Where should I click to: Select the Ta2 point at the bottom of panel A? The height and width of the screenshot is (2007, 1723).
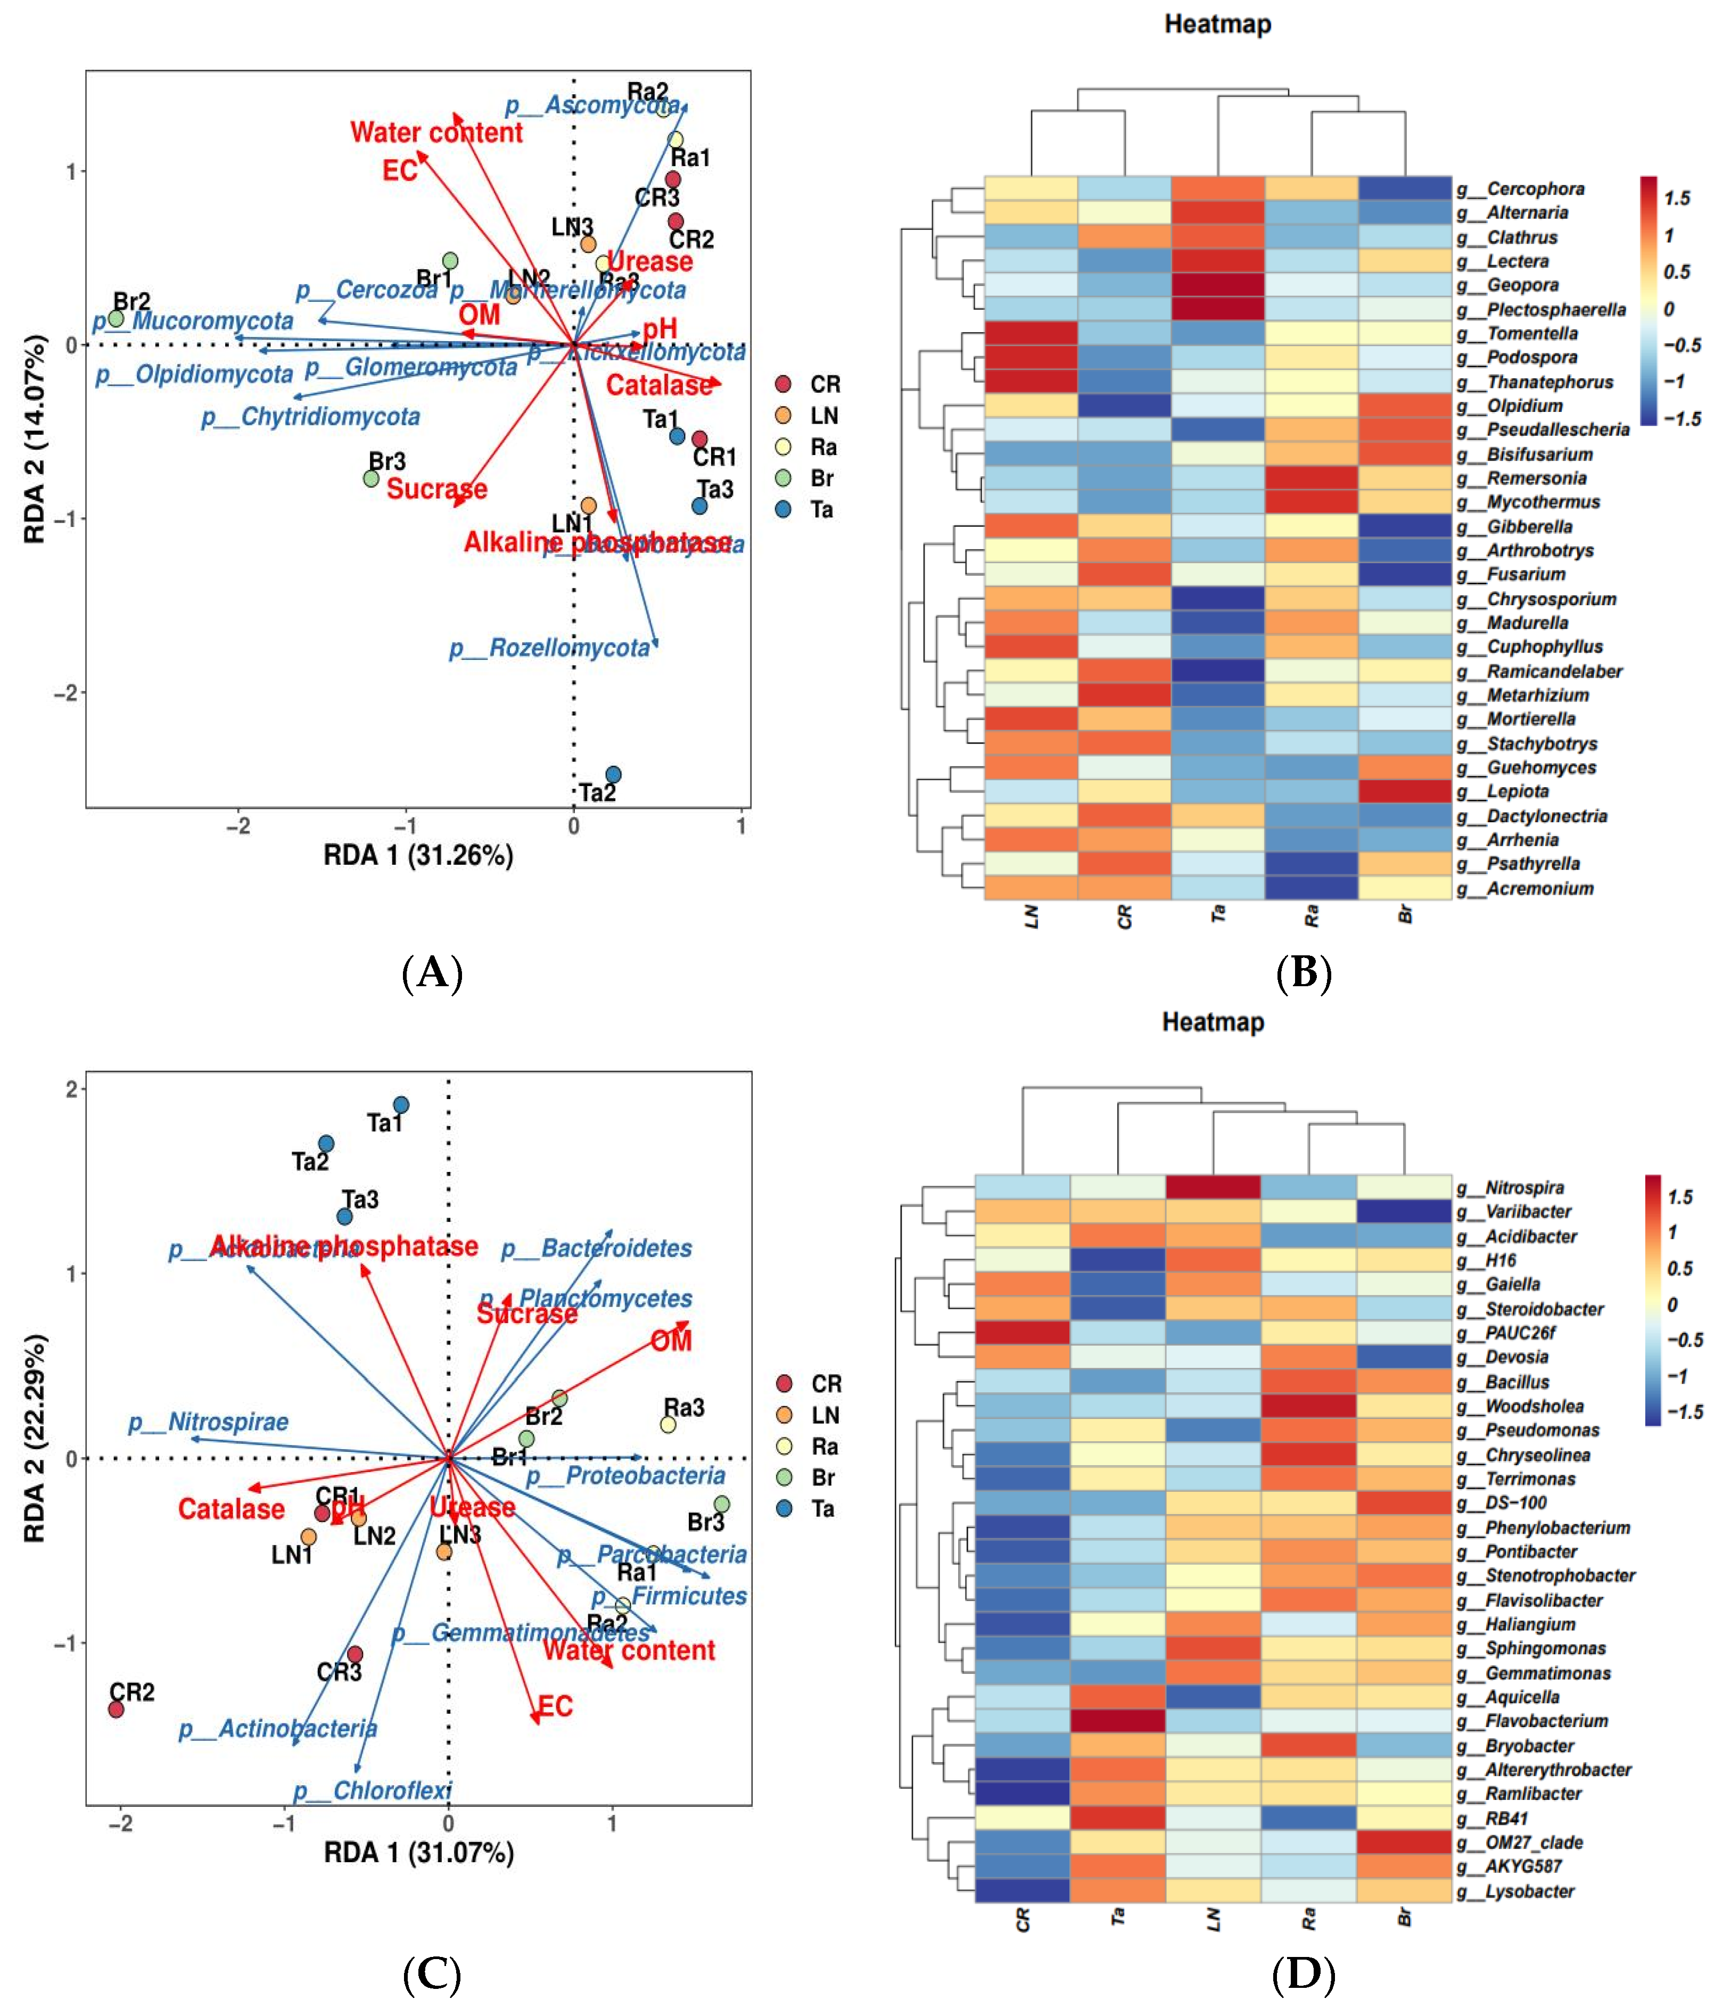click(613, 775)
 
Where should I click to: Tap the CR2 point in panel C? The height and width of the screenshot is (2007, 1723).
click(116, 1709)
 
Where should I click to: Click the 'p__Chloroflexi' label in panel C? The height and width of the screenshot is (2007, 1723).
click(372, 1791)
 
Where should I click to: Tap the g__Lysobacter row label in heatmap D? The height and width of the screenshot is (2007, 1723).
click(1529, 1891)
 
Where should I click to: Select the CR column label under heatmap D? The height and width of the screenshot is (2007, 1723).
click(1023, 1920)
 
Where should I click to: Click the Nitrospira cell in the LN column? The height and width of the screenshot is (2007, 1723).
click(1214, 1187)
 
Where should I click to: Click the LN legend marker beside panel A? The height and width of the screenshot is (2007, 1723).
click(784, 416)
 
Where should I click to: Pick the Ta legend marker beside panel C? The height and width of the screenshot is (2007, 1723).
click(785, 1508)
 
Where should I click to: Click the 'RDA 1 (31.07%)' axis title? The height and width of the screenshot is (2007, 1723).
click(418, 1853)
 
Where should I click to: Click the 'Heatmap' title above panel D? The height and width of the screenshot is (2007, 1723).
click(1213, 1022)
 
